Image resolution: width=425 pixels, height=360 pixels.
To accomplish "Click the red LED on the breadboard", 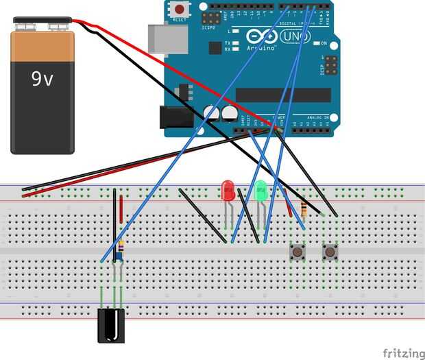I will (228, 189).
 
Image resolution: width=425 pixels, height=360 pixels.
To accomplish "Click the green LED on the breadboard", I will (260, 190).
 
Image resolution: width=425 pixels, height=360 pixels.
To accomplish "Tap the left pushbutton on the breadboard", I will (298, 252).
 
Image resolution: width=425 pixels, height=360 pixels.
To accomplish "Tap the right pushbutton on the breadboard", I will (330, 252).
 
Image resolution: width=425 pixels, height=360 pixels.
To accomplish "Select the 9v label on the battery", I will (42, 80).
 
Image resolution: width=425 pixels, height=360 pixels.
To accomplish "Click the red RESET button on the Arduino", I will (180, 10).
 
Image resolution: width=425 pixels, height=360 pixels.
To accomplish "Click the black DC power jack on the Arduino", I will (173, 117).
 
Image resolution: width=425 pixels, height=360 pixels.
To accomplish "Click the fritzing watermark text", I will (402, 352).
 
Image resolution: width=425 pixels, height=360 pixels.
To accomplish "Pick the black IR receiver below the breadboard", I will (111, 326).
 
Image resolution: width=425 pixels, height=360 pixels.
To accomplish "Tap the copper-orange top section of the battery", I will (42, 47).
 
